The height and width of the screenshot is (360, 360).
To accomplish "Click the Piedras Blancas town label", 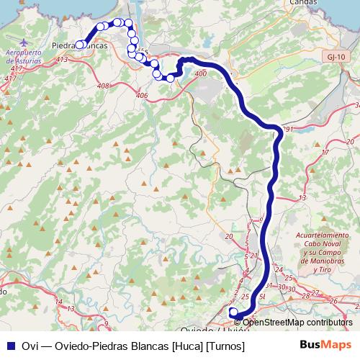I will tap(81, 45).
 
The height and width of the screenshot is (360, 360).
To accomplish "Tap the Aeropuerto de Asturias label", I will tap(24, 58).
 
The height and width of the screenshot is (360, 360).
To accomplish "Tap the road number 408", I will tap(103, 86).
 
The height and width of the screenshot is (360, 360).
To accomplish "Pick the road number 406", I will tap(141, 94).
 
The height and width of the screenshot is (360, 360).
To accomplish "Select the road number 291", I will tap(288, 130).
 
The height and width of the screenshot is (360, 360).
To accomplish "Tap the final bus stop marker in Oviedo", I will tap(233, 312).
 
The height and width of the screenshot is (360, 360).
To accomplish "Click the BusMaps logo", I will tap(324, 346).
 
